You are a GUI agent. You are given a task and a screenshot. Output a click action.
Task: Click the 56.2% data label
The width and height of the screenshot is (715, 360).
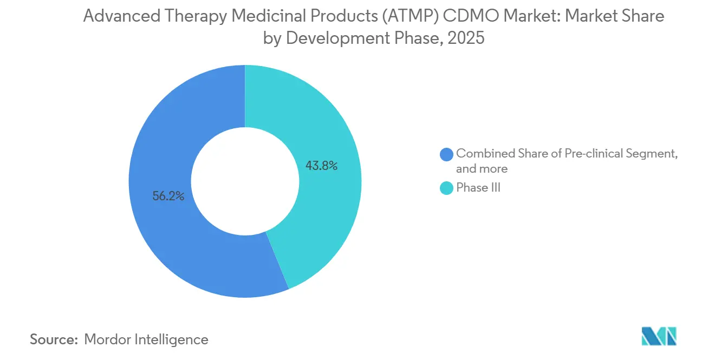pyautogui.click(x=168, y=197)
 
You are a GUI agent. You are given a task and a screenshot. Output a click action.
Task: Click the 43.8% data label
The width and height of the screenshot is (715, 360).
pyautogui.click(x=321, y=166)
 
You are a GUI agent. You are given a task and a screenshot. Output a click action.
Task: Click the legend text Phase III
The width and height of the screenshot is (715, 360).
pyautogui.click(x=478, y=188)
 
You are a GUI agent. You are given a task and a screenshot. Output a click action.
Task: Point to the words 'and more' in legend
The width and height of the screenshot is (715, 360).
pyautogui.click(x=482, y=169)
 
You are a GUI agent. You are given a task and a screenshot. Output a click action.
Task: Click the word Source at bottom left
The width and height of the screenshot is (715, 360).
pyautogui.click(x=54, y=339)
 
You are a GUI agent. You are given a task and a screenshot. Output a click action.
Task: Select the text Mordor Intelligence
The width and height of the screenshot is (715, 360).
pyautogui.click(x=146, y=339)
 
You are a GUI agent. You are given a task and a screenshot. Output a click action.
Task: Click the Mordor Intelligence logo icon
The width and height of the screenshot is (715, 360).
pyautogui.click(x=659, y=337)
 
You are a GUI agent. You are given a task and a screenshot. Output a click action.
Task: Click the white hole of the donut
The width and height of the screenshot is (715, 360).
pyautogui.click(x=245, y=181)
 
